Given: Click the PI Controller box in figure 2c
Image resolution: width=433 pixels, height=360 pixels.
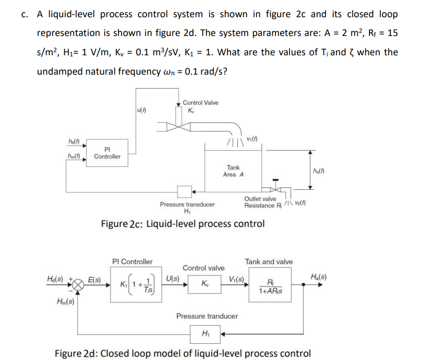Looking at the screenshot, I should click(x=107, y=152).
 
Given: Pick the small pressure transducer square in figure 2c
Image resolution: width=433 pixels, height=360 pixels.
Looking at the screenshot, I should click(x=183, y=190).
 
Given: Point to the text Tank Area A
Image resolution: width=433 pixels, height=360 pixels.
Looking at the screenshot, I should click(x=233, y=171).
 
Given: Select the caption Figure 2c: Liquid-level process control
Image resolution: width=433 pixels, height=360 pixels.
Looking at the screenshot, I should click(x=183, y=224).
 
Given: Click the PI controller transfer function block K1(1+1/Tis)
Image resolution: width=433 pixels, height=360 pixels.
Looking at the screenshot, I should click(x=136, y=286).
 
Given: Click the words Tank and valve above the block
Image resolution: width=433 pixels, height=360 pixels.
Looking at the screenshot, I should click(x=269, y=261).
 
